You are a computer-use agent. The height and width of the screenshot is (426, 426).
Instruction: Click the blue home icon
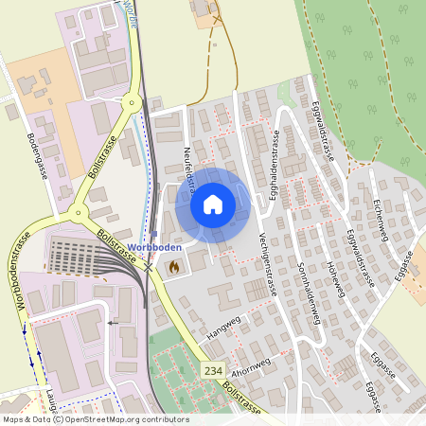coord(213,204)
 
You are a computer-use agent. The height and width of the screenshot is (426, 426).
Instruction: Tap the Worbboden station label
coord(178,247)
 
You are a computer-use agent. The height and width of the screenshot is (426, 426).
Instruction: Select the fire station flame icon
coord(173,268)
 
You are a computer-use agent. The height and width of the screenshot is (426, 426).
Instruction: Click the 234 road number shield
coord(212,372)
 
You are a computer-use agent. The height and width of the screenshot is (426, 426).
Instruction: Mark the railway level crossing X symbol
coord(149,268)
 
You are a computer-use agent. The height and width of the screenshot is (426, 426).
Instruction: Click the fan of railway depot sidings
coord(80,256)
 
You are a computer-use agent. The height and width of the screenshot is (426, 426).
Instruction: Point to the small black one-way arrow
coord(113,323)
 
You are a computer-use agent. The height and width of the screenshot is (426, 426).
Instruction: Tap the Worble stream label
coord(132,12)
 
